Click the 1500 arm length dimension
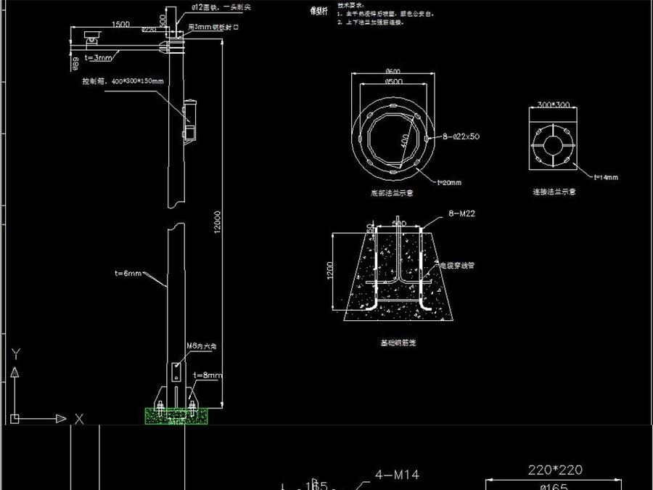pyautogui.click(x=121, y=24)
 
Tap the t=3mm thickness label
pyautogui.click(x=99, y=57)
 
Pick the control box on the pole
pyautogui.click(x=191, y=119)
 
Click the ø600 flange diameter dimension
pyautogui.click(x=393, y=71)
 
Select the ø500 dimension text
pyautogui.click(x=393, y=81)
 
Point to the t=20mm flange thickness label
pyautogui.click(x=449, y=182)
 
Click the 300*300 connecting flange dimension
pyautogui.click(x=553, y=105)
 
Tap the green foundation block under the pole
pyautogui.click(x=175, y=416)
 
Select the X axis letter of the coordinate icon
pyautogui.click(x=79, y=419)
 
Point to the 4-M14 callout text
pyautogui.click(x=396, y=475)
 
